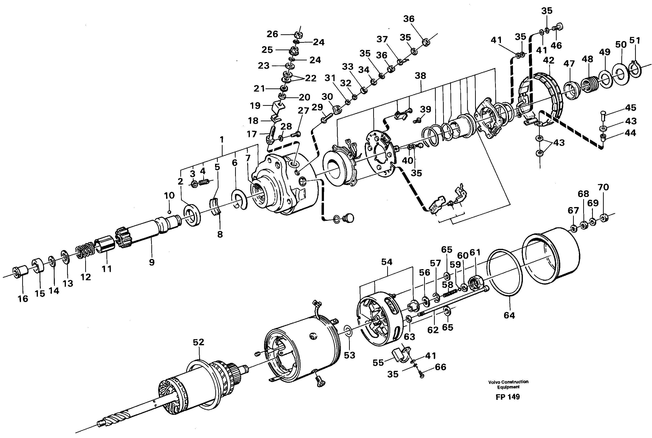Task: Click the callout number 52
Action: (x=198, y=342)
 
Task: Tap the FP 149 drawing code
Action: (x=508, y=397)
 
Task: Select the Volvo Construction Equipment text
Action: (x=508, y=384)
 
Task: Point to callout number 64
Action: (x=509, y=315)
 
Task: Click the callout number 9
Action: (x=152, y=262)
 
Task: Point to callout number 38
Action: (x=420, y=76)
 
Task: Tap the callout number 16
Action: (x=23, y=299)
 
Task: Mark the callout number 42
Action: (x=548, y=60)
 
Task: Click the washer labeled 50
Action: (x=620, y=75)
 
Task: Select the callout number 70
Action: (x=603, y=187)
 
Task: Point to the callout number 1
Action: (x=222, y=139)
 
